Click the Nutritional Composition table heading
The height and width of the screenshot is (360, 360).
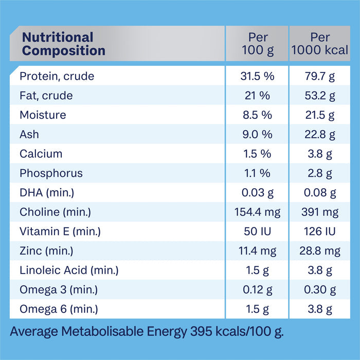(x=64, y=44)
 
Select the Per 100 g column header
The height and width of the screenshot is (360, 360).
(x=258, y=44)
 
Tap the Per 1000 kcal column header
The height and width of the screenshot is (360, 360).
(x=320, y=44)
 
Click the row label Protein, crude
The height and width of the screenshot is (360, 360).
(x=57, y=76)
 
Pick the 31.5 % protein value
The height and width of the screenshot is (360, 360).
(x=257, y=76)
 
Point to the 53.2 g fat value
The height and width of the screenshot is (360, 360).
(x=320, y=96)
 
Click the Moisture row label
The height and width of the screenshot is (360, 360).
(x=43, y=115)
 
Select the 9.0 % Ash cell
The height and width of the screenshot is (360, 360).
(x=257, y=134)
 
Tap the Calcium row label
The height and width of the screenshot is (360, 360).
(x=41, y=154)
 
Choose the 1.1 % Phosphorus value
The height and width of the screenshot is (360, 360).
(x=257, y=173)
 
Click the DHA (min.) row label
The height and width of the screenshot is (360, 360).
(x=47, y=193)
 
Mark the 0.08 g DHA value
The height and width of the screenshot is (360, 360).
(x=320, y=193)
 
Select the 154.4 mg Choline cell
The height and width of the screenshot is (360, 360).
(x=257, y=212)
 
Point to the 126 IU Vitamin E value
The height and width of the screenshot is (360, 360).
(x=320, y=231)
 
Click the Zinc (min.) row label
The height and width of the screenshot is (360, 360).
(x=46, y=251)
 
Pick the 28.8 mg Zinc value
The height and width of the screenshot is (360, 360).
(x=320, y=251)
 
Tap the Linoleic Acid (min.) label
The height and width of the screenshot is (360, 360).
(x=69, y=270)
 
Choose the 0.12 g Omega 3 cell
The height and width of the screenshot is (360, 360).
(x=257, y=290)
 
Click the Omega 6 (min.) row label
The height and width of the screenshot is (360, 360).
(x=59, y=309)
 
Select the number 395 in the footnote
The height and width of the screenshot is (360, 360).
(x=201, y=331)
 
